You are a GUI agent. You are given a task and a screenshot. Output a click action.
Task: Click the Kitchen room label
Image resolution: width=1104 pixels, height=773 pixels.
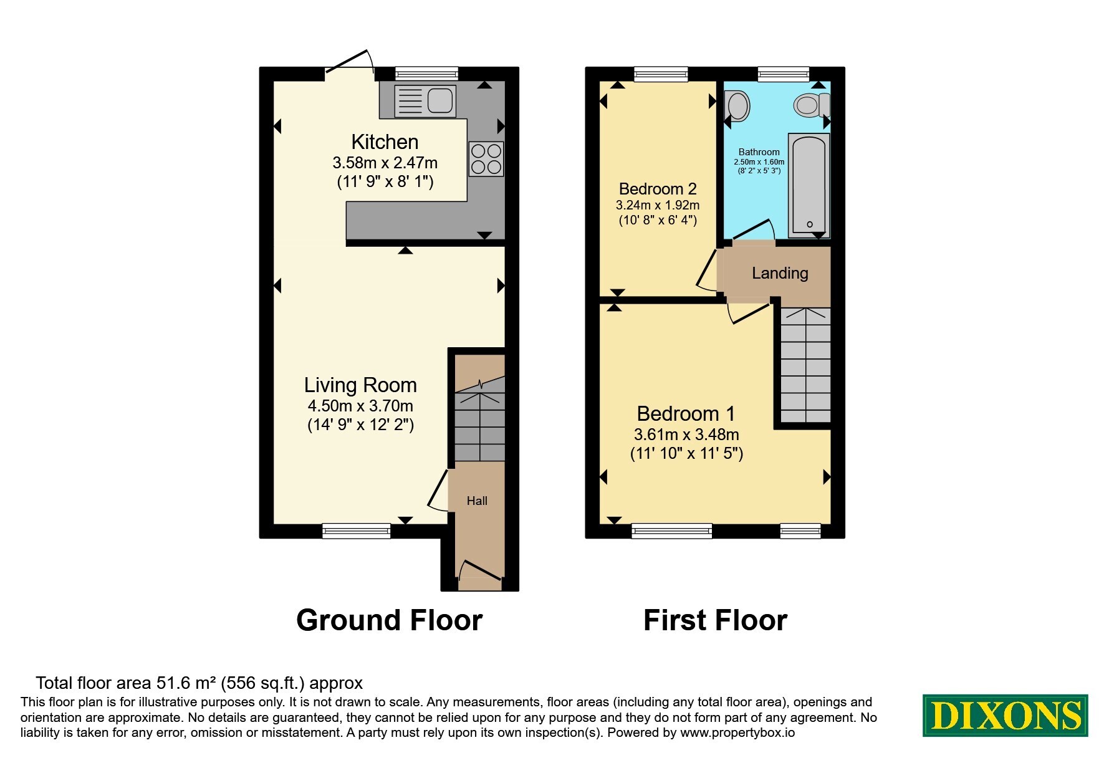385,142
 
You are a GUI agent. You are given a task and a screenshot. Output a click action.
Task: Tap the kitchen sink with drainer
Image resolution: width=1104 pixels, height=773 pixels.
425,101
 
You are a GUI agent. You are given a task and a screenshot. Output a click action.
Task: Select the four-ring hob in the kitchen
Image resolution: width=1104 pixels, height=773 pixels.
486,159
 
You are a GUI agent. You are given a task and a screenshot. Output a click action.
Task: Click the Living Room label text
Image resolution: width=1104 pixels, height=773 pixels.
360,385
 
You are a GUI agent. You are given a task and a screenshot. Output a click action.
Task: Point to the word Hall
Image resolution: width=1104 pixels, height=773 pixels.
477,501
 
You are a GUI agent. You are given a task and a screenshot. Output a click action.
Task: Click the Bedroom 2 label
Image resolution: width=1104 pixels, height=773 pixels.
658,189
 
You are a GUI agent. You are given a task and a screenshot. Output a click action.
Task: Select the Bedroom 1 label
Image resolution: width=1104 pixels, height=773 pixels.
686,414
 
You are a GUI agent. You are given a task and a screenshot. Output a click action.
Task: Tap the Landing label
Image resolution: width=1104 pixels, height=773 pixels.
780,273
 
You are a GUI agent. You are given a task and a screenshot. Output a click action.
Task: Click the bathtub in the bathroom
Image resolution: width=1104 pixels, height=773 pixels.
809,185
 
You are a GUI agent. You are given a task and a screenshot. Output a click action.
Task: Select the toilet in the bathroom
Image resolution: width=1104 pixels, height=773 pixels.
812,104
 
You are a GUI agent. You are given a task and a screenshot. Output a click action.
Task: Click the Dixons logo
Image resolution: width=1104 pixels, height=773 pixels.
1006,715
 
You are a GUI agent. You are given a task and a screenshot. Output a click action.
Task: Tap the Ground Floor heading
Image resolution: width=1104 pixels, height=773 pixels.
390,620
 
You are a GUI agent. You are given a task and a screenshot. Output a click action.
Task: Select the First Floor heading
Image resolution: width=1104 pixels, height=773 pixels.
715,620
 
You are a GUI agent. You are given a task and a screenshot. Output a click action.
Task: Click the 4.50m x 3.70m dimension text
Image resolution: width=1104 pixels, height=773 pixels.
360,406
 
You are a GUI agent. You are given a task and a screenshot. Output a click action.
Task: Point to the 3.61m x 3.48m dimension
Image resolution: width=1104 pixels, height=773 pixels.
686,435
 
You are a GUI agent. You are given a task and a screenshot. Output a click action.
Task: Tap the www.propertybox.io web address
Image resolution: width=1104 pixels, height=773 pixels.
737,733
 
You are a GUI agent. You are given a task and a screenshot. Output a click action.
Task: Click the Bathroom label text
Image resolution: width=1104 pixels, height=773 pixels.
759,152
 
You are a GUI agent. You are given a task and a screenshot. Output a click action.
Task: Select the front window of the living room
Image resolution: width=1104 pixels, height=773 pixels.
357,531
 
